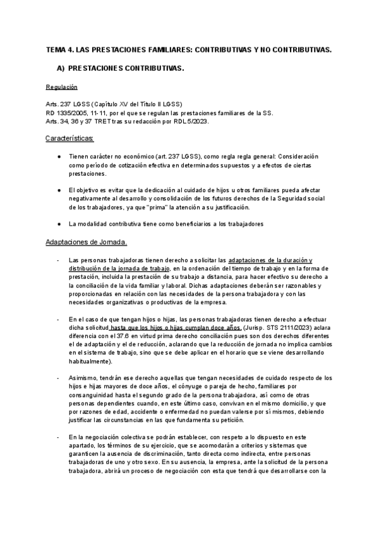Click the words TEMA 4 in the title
[x=61, y=49]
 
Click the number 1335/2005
[x=68, y=113]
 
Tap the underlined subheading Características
[x=69, y=138]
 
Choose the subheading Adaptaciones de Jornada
[x=87, y=242]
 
